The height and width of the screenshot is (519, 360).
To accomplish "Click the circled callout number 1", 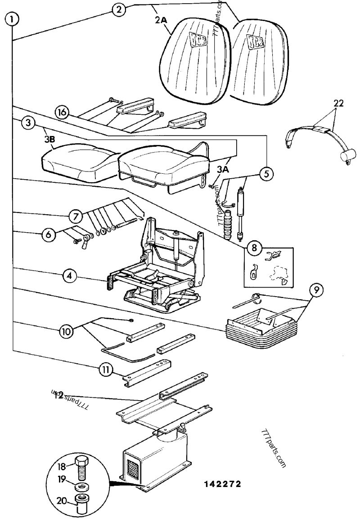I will click(12, 19).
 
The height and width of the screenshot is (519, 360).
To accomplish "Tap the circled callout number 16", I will click(63, 112).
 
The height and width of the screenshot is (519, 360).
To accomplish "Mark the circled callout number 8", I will click(253, 247).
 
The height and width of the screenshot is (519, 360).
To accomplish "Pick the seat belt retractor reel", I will click(347, 157).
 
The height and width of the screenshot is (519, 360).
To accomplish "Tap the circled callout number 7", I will click(76, 216).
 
